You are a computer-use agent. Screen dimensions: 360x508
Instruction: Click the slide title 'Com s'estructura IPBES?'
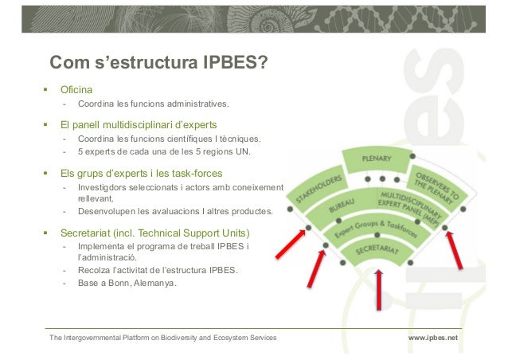coord(158,62)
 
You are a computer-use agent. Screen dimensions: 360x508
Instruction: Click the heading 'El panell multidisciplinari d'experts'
coord(139,125)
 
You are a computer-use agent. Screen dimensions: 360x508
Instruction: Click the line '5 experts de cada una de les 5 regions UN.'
coord(163,151)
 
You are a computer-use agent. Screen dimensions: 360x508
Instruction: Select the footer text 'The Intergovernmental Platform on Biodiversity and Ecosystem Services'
coord(163,338)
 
